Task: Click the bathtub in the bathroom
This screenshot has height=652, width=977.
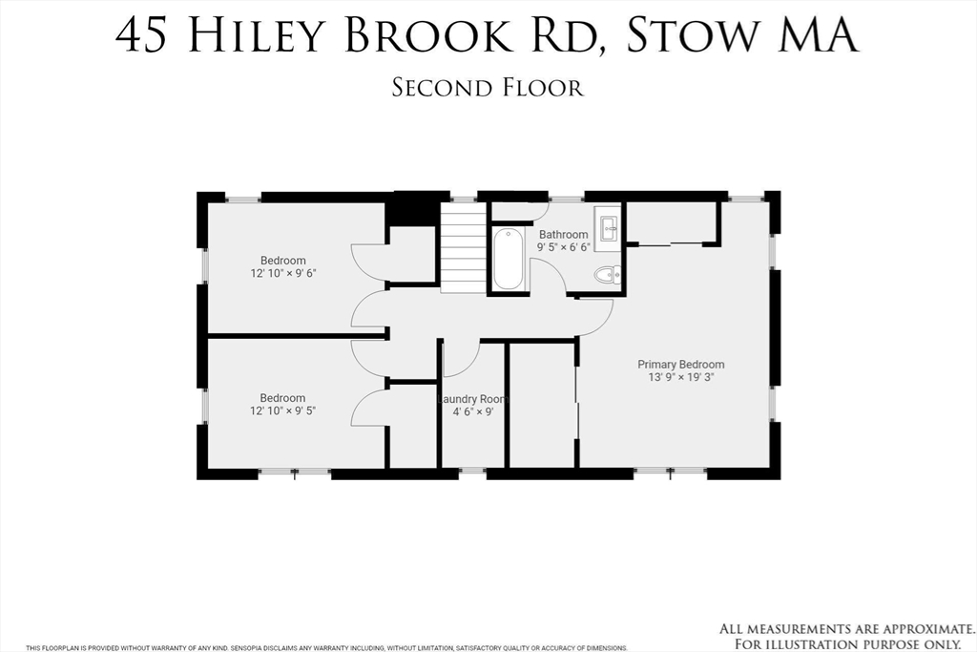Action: [508, 259]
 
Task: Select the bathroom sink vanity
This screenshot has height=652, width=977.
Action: [608, 227]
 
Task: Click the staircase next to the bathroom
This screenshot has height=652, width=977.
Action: [463, 252]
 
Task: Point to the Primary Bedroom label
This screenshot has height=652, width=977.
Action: [680, 364]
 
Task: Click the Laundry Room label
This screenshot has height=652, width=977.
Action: [472, 399]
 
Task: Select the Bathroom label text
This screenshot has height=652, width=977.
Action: [563, 234]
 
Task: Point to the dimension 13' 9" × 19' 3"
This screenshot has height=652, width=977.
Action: [680, 377]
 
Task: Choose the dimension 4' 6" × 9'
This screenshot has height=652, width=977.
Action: [472, 412]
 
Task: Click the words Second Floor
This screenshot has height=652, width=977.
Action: [488, 87]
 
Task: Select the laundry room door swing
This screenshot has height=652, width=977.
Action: [459, 361]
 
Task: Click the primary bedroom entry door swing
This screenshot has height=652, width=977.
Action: [593, 319]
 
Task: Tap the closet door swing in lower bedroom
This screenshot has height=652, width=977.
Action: [370, 406]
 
